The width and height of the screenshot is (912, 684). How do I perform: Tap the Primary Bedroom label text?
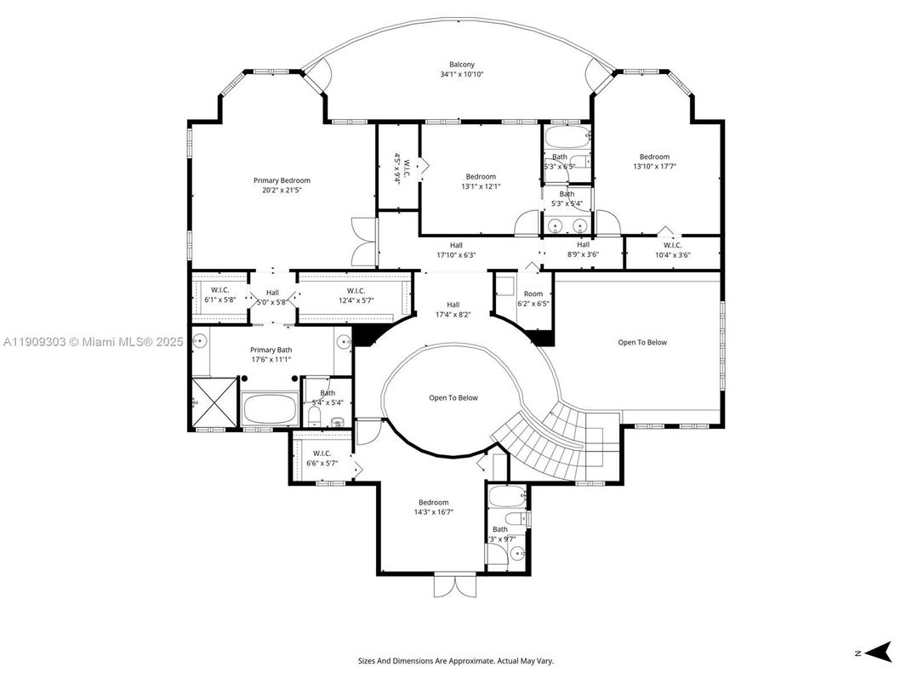coord(282,180)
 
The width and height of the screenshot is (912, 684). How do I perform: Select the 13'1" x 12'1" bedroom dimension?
coord(480,186)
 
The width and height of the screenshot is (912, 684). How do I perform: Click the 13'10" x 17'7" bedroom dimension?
coord(654,167)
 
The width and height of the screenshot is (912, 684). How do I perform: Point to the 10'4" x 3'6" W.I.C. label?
coord(672,254)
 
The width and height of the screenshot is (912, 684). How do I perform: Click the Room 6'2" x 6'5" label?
coord(533,299)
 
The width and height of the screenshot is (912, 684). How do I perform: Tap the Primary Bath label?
coord(271,350)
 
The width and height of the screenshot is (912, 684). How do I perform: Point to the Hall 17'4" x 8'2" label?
coord(453,310)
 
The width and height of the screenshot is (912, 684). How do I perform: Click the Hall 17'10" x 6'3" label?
coord(456,250)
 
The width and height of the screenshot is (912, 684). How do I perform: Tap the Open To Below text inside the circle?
coord(453,398)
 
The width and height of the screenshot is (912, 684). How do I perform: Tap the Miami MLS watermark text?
coord(93,342)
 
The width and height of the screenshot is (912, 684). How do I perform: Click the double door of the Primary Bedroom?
coord(363,242)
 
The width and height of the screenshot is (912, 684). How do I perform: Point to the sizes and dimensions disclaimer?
coord(456,661)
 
